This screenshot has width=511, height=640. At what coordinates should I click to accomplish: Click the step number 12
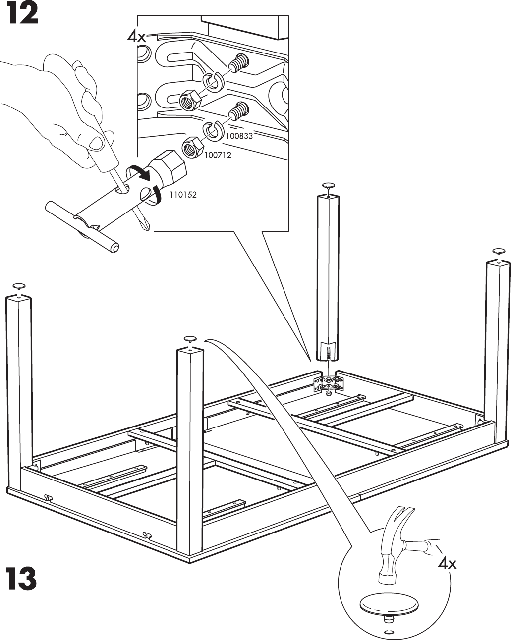click(21, 14)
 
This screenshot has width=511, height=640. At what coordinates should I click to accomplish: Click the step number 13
click(21, 579)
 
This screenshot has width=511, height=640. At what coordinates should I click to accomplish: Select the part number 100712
click(218, 155)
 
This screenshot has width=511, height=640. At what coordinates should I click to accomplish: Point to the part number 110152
click(183, 195)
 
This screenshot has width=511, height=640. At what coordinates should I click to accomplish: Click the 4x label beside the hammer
click(448, 563)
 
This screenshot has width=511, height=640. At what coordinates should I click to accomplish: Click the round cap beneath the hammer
click(384, 605)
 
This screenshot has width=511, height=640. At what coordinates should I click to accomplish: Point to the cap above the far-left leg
click(19, 286)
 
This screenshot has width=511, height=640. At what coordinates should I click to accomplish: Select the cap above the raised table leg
click(329, 185)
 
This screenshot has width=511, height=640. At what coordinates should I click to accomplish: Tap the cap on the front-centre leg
click(190, 339)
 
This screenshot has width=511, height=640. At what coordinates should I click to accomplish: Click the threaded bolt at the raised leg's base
click(328, 354)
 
